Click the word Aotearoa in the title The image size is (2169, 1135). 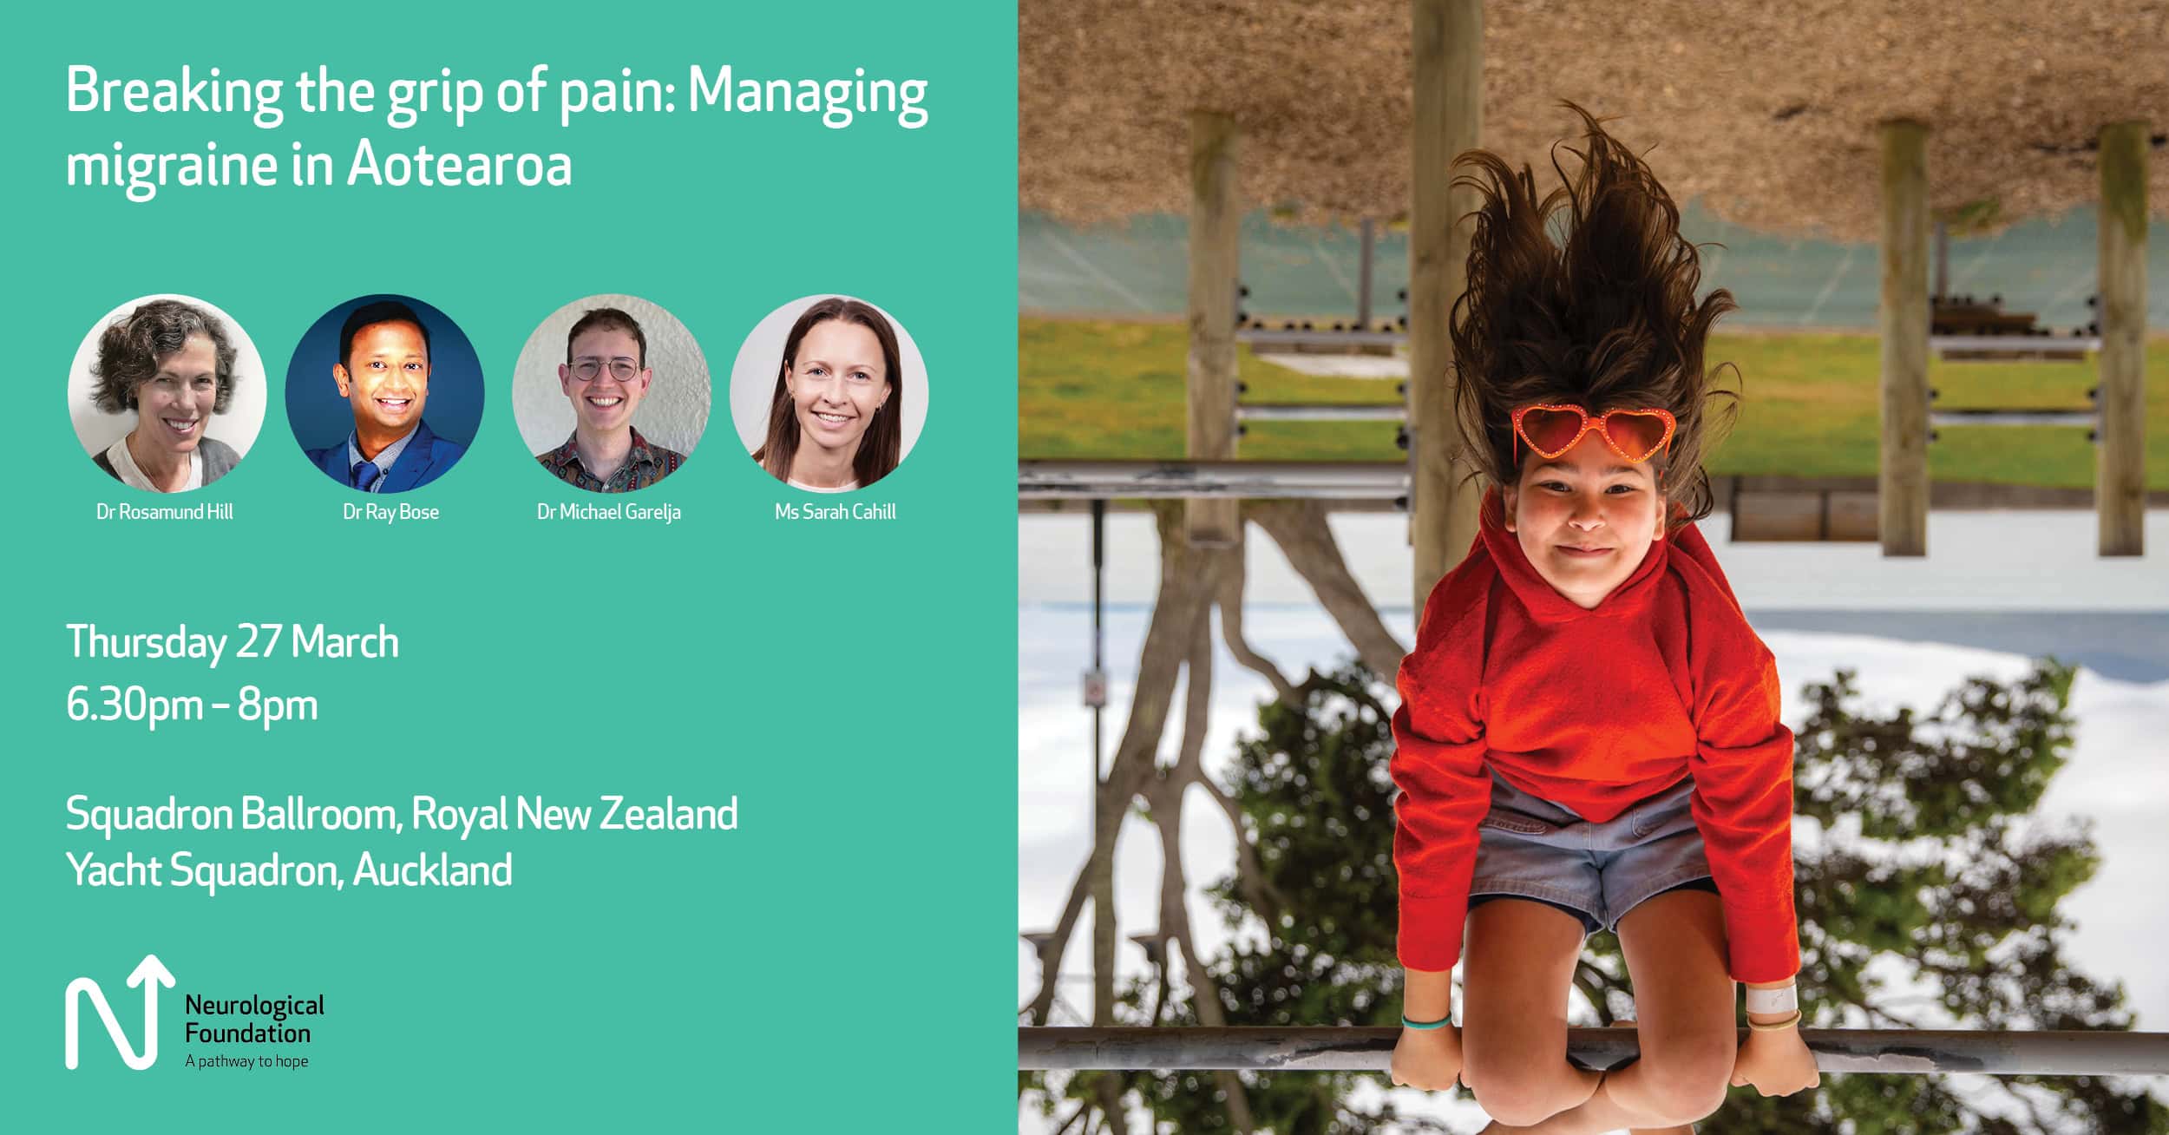click(x=460, y=164)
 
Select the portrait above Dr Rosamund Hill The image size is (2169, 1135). click(x=167, y=393)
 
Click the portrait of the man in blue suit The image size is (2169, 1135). click(x=385, y=393)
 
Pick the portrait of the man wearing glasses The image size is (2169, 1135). click(x=612, y=393)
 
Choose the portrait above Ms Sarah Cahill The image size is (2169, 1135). click(x=829, y=393)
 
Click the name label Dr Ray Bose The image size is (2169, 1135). click(x=390, y=512)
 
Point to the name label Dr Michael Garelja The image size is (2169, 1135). click(x=609, y=512)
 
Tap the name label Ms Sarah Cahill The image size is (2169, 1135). click(x=835, y=512)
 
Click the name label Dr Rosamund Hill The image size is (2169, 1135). click(x=165, y=512)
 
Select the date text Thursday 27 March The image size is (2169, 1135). click(x=233, y=643)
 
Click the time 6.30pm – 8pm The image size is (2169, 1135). click(x=192, y=705)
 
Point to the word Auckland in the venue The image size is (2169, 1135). click(x=433, y=869)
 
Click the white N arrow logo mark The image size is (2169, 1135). click(x=120, y=1012)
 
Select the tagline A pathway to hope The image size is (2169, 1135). click(x=246, y=1061)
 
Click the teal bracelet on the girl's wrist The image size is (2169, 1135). click(x=1425, y=1021)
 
